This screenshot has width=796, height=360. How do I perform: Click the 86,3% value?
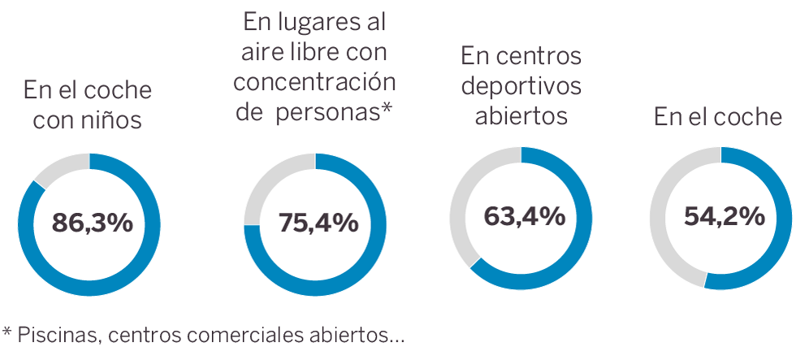click(92, 223)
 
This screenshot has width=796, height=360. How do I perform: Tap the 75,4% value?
click(318, 223)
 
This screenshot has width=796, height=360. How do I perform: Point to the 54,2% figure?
click(724, 216)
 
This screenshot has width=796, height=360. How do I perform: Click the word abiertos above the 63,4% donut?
click(521, 115)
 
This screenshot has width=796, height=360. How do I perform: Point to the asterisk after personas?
click(387, 109)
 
